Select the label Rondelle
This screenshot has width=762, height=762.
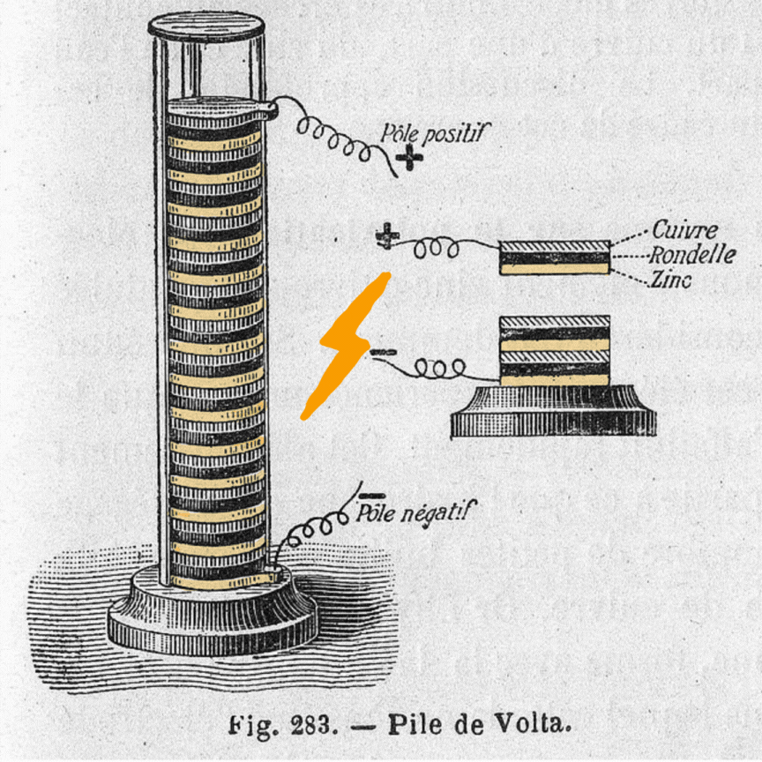click(x=692, y=256)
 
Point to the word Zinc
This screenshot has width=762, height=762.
click(x=673, y=280)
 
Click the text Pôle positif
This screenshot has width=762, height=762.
click(x=433, y=132)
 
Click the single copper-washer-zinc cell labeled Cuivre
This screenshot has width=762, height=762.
click(x=554, y=257)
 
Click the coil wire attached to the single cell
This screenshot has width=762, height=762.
click(x=438, y=250)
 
